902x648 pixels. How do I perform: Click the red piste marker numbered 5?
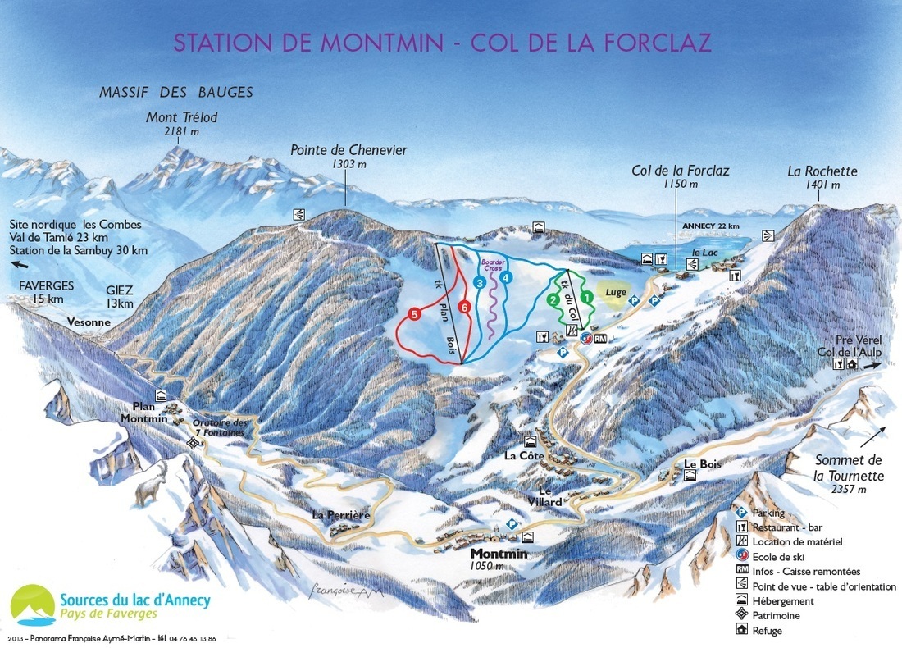pos(415,313)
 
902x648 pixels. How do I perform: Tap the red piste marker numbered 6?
pos(464,308)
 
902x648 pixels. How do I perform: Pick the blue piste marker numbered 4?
pos(507,277)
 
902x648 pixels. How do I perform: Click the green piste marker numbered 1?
pos(586,294)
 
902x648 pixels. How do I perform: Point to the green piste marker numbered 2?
pos(553,299)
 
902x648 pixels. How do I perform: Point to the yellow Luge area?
pos(617,291)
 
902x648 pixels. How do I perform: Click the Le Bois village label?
pos(702,464)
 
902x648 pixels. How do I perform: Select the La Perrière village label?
pos(343,514)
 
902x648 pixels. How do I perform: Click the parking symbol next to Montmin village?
pos(512,523)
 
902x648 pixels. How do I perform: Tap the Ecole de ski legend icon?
pos(741,557)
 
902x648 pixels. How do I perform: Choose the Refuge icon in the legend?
pos(741,631)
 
